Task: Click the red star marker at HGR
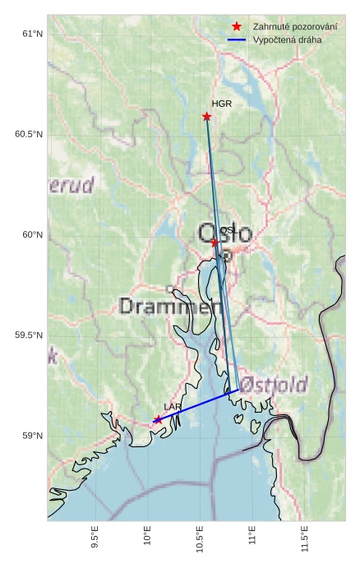click(206, 117)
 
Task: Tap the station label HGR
click(221, 104)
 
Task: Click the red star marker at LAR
click(157, 419)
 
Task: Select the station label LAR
click(173, 407)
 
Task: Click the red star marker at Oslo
click(215, 242)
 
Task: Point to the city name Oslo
click(224, 233)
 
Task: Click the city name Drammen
click(171, 307)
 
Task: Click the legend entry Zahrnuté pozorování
click(295, 26)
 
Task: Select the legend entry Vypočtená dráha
click(287, 39)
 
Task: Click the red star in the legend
click(237, 26)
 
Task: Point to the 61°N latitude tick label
click(32, 34)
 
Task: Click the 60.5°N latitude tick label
click(29, 134)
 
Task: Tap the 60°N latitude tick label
click(32, 235)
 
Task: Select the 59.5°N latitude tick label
click(29, 335)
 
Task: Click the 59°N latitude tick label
click(32, 436)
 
